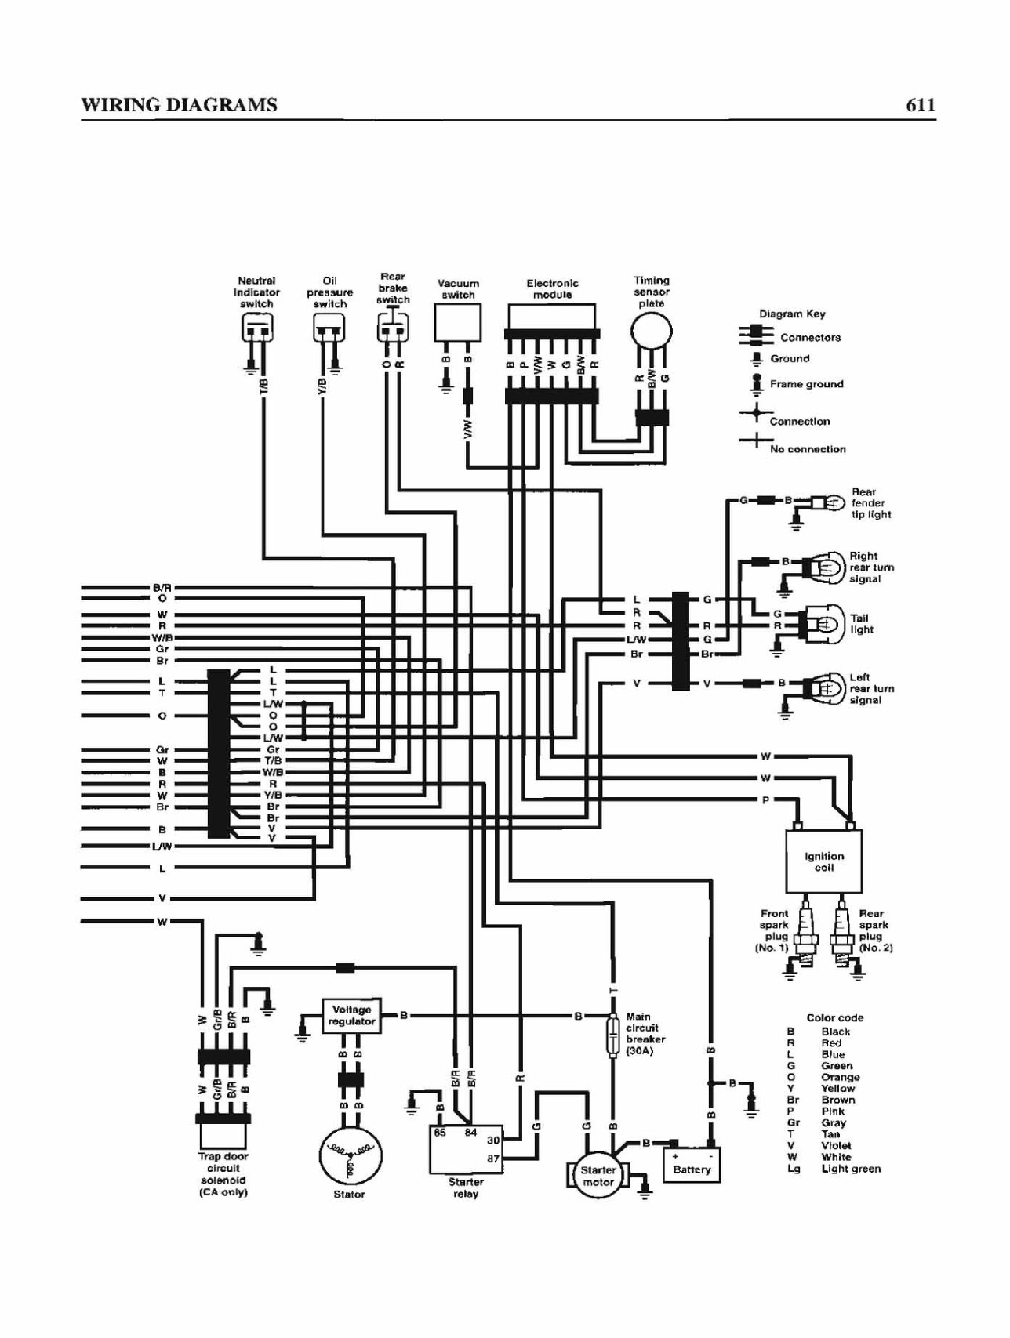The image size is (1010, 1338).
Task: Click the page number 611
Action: (x=921, y=105)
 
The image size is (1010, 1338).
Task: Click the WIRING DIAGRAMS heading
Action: (x=179, y=105)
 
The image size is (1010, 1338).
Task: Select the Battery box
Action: (x=692, y=1164)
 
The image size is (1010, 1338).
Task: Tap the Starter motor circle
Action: (x=598, y=1175)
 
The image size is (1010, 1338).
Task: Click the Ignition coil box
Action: (x=823, y=861)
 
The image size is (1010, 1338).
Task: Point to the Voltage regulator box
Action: (x=351, y=1016)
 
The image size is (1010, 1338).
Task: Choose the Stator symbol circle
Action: (x=350, y=1156)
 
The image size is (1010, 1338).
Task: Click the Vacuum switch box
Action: (x=457, y=322)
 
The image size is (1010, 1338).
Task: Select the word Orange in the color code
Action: (x=839, y=1077)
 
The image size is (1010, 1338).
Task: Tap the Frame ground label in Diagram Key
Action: (x=806, y=384)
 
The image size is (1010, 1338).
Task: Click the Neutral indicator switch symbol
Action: (x=256, y=328)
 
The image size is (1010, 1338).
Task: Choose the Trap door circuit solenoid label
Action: (x=223, y=1174)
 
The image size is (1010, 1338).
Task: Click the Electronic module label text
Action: (x=552, y=288)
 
